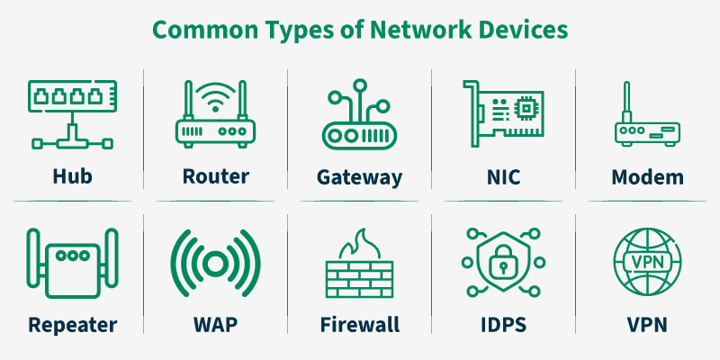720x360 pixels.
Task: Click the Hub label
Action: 71,175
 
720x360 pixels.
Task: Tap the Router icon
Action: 215,117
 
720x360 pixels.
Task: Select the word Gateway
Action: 359,175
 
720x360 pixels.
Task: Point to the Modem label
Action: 647,175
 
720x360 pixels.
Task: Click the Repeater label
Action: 72,324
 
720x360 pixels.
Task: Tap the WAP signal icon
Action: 215,264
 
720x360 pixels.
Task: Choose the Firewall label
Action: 359,324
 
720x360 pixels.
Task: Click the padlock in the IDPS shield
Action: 503,264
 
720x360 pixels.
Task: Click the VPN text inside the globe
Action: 647,260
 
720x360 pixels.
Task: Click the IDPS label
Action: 503,324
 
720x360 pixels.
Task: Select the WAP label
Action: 215,324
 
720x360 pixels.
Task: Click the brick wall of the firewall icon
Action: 359,279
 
